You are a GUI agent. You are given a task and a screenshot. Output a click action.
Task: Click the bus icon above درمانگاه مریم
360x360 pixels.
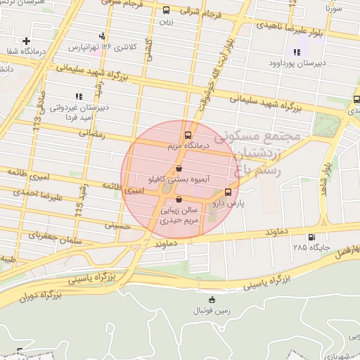(188, 135)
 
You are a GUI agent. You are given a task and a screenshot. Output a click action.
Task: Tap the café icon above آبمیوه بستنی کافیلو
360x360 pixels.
(179, 169)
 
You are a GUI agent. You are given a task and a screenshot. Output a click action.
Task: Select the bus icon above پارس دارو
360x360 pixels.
(228, 192)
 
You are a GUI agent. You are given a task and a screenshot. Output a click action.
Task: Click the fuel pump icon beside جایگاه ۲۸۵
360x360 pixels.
(311, 237)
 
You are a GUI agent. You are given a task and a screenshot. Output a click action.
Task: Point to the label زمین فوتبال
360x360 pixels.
(214, 310)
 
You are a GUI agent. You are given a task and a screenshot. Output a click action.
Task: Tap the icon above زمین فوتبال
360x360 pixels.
(214, 300)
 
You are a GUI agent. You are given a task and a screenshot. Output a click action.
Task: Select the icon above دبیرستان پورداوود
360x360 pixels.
(297, 51)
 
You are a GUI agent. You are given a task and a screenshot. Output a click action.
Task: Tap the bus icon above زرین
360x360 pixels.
(167, 11)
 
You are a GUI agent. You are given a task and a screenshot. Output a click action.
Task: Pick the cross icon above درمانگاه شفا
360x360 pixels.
(26, 41)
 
